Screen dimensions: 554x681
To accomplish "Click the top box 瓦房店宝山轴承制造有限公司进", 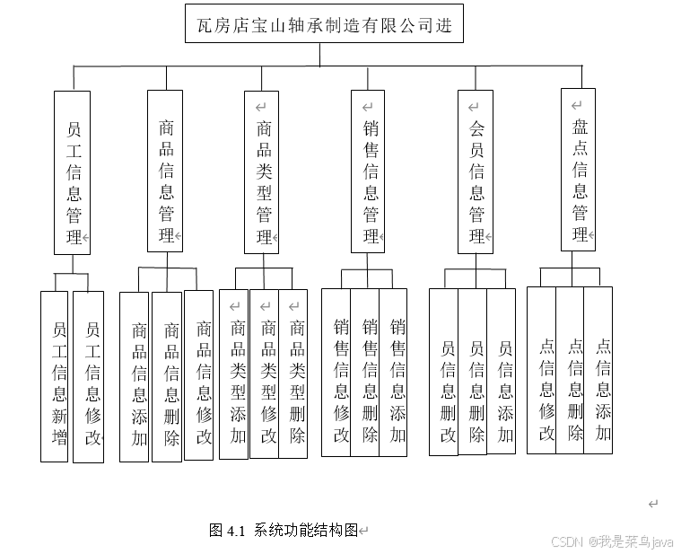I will tap(324, 25).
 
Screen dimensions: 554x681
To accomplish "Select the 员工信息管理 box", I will tap(73, 171).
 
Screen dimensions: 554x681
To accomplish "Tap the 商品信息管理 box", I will tap(165, 171).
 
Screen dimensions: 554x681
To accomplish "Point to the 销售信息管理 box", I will tap(369, 171).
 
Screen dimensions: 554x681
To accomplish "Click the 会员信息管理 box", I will tap(476, 171).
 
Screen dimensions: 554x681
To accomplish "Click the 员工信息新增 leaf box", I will tap(55, 377).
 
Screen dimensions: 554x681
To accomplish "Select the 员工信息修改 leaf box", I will tap(88, 377).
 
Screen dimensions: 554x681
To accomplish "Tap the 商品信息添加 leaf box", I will tap(134, 377).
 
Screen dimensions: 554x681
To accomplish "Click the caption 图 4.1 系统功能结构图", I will tap(284, 530).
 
